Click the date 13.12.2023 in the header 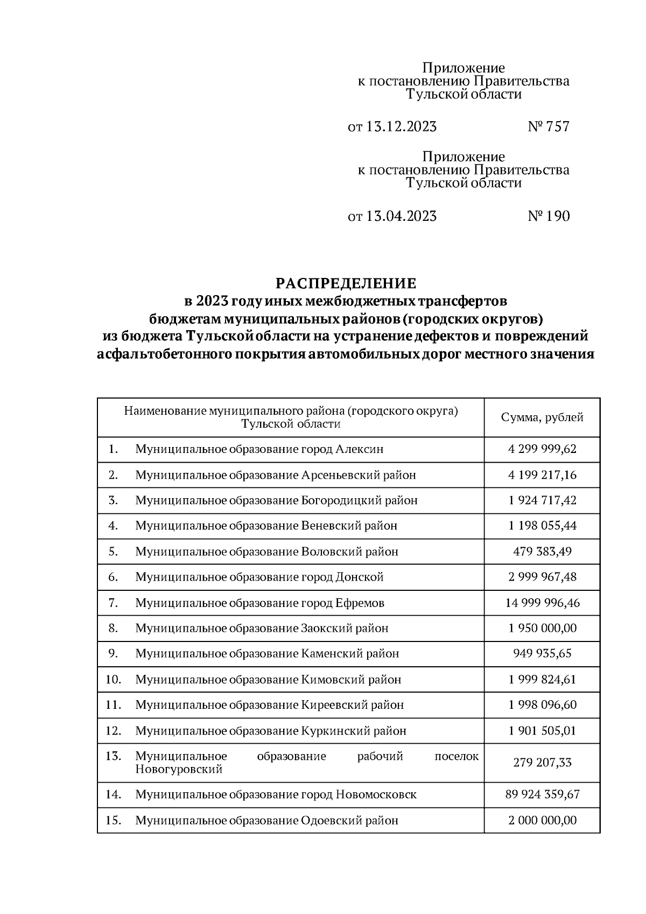401,127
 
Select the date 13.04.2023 401,217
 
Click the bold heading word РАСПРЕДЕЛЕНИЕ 346,283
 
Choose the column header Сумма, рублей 542,418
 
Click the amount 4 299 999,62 542,449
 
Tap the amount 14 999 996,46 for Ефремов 542,603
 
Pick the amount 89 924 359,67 542,794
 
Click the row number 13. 113,756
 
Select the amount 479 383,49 542,552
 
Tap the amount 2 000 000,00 542,821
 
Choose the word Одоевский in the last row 328,821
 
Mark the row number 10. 113,680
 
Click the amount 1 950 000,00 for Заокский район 542,629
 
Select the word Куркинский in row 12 332,731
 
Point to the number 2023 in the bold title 213,300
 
